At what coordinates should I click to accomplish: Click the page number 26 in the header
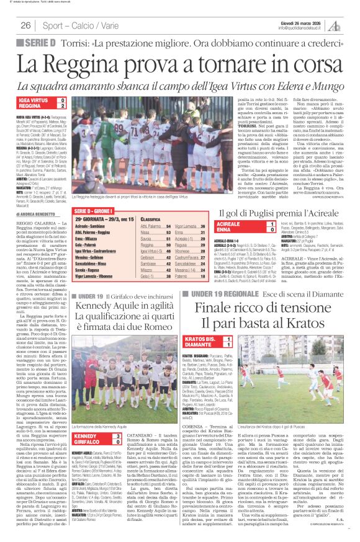click(x=25, y=25)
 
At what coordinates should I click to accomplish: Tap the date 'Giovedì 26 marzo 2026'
click(x=300, y=21)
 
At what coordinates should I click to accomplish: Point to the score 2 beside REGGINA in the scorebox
click(x=62, y=106)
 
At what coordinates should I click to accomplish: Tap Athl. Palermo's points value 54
click(x=167, y=227)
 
